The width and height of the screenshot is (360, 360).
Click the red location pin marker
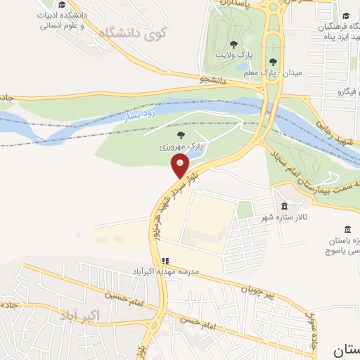[x=181, y=166]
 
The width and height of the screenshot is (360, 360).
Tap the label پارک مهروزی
[x=181, y=148]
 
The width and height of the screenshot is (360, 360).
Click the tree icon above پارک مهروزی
[x=181, y=135]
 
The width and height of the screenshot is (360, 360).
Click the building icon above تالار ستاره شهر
[x=284, y=206]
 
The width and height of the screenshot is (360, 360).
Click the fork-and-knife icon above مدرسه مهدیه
[x=165, y=261]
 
